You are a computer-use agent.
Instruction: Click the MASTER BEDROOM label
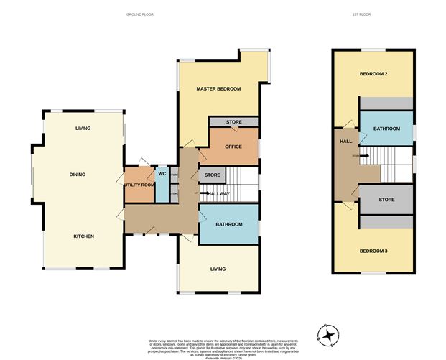tap(218, 88)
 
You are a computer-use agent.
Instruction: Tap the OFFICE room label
tap(233, 147)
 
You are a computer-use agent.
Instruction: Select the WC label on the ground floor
tap(162, 173)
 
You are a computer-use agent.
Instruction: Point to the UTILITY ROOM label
tap(139, 185)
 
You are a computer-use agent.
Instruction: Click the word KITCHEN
tap(83, 236)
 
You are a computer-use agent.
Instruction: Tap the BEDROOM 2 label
tap(373, 75)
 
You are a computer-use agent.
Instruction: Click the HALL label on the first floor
tap(345, 141)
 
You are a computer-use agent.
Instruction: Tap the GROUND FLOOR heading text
tap(139, 14)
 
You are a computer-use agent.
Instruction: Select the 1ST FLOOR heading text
tap(373, 14)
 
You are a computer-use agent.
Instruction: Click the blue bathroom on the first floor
tap(386, 129)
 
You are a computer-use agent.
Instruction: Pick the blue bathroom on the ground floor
tap(228, 224)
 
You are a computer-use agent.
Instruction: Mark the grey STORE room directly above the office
tap(233, 123)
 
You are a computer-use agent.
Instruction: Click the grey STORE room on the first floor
tap(386, 200)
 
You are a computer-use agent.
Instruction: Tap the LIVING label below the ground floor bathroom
tap(218, 269)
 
